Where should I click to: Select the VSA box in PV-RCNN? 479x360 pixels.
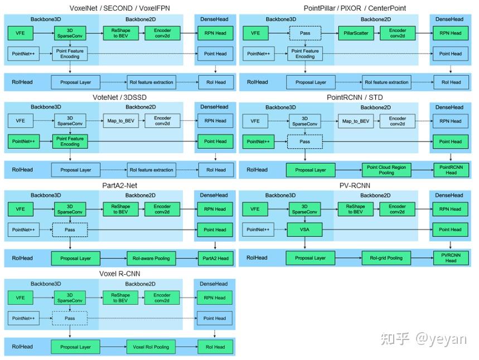[x=304, y=230]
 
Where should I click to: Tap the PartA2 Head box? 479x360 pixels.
[x=215, y=258]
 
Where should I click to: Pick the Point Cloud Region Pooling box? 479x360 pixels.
[x=386, y=170]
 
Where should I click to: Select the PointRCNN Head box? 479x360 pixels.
[x=451, y=170]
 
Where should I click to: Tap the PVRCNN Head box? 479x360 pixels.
[x=451, y=258]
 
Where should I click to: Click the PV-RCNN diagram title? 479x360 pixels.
[x=355, y=186]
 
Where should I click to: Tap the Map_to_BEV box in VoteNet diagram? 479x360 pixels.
[x=120, y=120]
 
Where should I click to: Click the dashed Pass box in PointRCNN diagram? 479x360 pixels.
[x=304, y=142]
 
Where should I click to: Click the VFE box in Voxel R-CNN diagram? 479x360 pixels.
[x=21, y=298]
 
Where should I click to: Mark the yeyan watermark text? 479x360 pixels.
[x=441, y=338]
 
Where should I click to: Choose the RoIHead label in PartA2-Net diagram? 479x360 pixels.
[x=23, y=258]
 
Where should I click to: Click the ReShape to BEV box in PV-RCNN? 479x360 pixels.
[x=355, y=209]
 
